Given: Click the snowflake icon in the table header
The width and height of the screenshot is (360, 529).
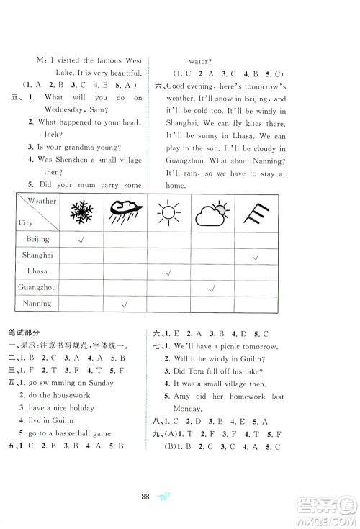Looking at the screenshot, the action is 81,212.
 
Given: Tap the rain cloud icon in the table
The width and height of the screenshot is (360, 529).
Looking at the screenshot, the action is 125,212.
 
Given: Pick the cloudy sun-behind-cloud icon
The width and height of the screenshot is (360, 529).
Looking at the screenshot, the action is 212,213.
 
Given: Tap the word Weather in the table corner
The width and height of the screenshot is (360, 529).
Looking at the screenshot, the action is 43,201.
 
